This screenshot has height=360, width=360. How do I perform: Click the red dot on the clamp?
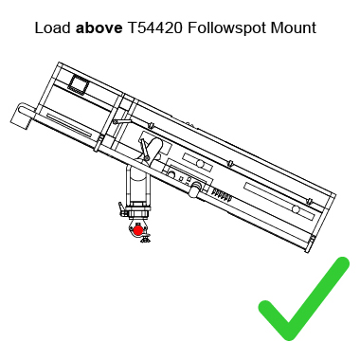138,229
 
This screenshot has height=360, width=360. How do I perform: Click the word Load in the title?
52,27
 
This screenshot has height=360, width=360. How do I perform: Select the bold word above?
99,27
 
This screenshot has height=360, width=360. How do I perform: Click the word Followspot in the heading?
226,27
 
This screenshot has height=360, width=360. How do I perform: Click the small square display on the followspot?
81,86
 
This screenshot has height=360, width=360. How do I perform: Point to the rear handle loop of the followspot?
18,116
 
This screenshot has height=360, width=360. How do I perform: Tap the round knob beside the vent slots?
195,191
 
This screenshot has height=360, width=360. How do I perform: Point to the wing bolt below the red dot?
143,241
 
